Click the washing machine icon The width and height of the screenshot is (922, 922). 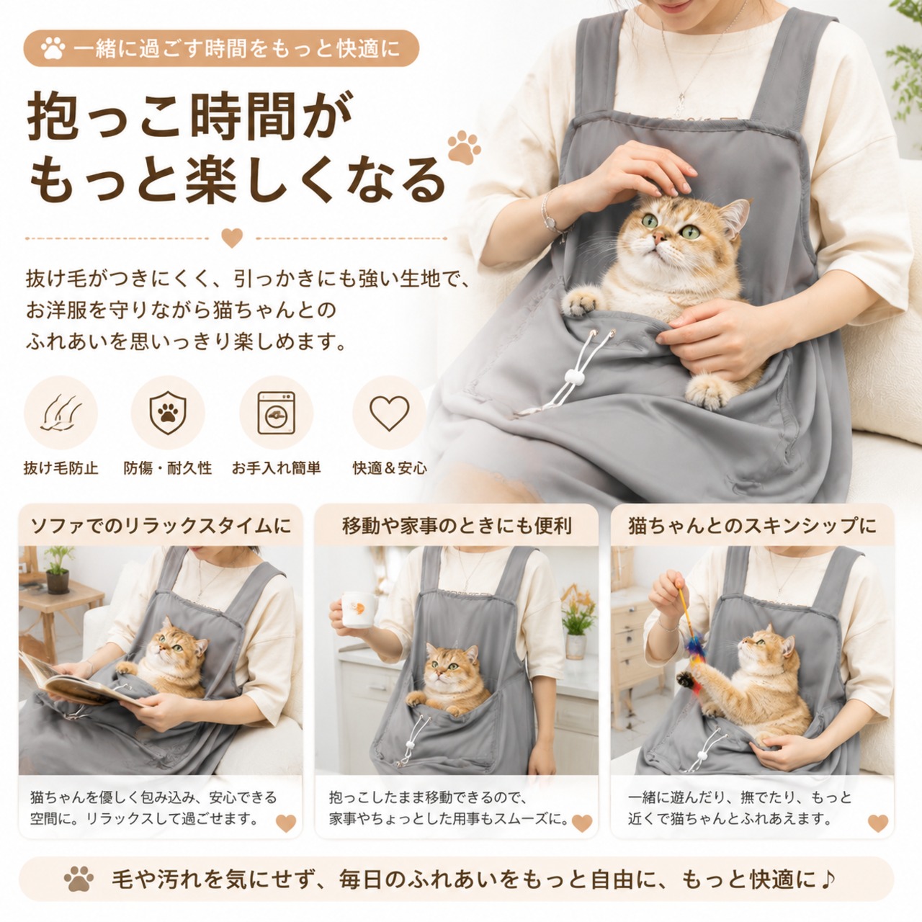(x=276, y=413)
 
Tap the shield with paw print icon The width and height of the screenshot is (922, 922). (x=167, y=413)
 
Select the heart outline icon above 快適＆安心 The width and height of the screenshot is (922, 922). (x=389, y=413)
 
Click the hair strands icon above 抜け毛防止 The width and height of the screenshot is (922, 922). (x=61, y=413)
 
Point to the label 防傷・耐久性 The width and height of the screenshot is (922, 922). (x=167, y=467)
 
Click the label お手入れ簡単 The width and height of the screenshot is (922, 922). (x=276, y=467)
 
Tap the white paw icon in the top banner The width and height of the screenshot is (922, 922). (x=53, y=48)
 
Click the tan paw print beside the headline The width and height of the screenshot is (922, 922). (x=464, y=148)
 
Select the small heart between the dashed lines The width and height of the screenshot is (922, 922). (x=232, y=238)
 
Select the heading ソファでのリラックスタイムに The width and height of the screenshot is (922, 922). (x=161, y=526)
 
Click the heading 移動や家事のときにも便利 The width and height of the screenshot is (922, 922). (x=457, y=526)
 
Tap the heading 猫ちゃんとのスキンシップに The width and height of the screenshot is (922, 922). (x=752, y=526)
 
